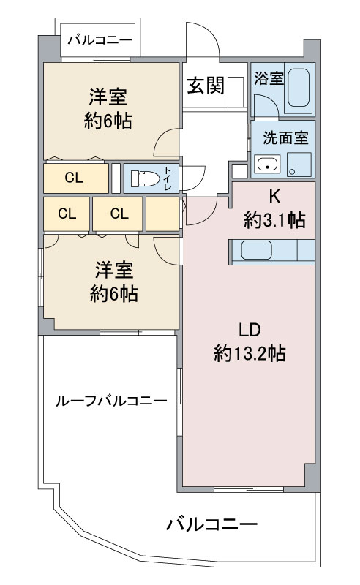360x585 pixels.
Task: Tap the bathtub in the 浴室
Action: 299,88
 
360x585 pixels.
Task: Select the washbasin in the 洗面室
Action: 266,163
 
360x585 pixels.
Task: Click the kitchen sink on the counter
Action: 256,249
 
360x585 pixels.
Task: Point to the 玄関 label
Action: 206,85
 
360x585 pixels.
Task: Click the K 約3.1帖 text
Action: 274,209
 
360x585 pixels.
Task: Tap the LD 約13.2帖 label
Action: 250,341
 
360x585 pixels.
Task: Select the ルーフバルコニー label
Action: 111,401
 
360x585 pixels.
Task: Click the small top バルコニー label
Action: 100,40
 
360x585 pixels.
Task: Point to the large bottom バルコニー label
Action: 211,524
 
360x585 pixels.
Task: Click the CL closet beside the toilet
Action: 76,178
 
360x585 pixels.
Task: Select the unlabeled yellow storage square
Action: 162,214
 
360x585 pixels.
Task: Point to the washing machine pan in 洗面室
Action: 299,165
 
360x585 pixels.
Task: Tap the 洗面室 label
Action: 285,137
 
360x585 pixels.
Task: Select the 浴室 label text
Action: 269,78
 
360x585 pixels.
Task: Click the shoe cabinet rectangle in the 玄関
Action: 236,91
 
